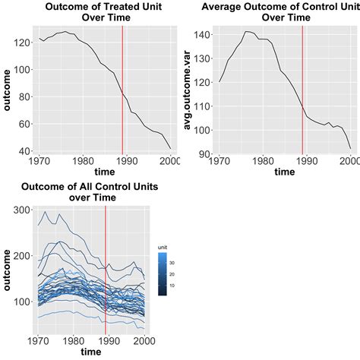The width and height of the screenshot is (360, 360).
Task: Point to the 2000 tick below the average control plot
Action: coord(350,161)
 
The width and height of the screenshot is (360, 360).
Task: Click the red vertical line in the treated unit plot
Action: coord(123,91)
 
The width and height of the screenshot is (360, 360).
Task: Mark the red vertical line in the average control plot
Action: coord(302,91)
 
